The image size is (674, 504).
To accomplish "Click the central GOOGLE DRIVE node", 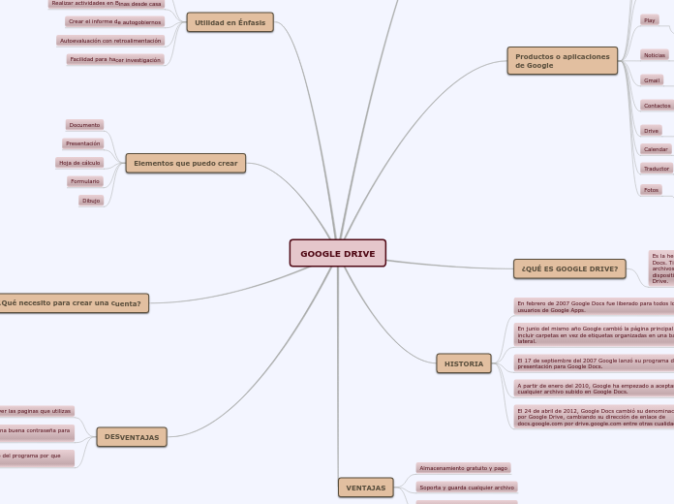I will (337, 253).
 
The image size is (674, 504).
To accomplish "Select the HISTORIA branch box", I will (464, 363).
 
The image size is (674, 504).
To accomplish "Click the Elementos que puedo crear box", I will (185, 163).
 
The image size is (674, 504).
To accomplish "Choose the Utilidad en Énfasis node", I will (230, 22).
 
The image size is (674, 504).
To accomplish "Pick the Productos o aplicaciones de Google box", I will (562, 61).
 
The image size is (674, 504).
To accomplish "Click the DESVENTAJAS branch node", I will (132, 437).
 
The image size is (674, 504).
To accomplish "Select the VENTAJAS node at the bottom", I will (365, 488).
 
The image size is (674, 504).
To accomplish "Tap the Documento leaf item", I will (84, 125).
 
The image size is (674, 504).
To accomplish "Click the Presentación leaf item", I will (83, 143).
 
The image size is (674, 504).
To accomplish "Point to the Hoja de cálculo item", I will (79, 163).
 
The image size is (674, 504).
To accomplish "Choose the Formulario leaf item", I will (84, 181).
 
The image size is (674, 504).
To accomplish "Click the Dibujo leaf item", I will (90, 201).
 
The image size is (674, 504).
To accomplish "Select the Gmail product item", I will (652, 80).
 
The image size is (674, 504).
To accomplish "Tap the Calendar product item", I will (656, 149).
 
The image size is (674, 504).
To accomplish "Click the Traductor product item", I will (657, 169).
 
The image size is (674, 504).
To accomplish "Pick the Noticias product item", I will (655, 55).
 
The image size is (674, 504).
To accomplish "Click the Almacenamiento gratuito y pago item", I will (463, 468).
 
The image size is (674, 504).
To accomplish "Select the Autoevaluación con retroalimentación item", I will (110, 41).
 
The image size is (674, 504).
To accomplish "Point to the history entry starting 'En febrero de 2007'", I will (594, 306).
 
